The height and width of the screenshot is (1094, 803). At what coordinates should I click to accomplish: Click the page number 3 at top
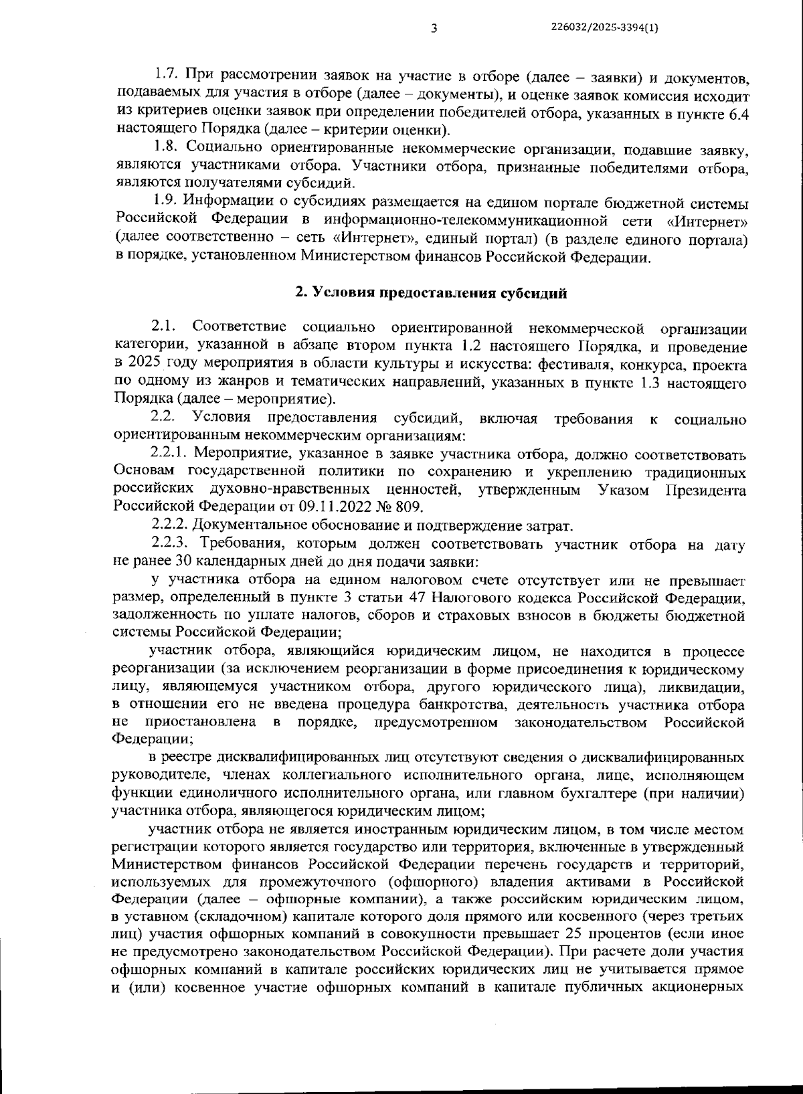[434, 28]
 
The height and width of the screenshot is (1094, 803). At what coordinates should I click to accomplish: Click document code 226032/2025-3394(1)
[605, 27]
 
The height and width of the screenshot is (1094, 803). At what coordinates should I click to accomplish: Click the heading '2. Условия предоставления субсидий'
[431, 292]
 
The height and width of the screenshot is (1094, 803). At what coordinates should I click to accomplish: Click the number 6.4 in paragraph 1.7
[737, 114]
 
